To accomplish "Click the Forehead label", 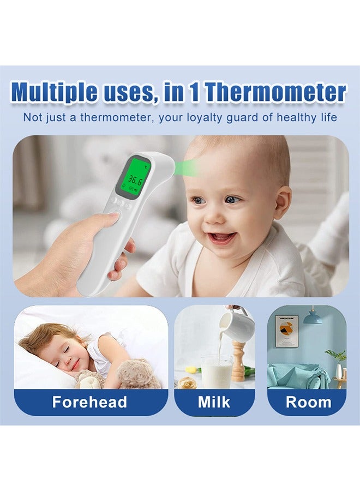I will tap(89, 403).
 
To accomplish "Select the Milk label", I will tap(214, 403).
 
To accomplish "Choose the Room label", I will tap(308, 403).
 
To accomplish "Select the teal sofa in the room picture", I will tap(297, 375).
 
